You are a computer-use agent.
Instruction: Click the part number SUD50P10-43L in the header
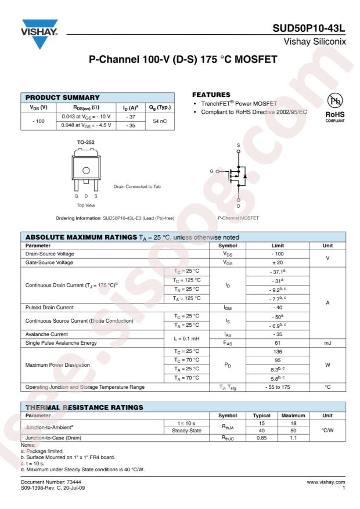coord(311,29)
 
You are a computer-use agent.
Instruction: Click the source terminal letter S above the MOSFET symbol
coord(237,145)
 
